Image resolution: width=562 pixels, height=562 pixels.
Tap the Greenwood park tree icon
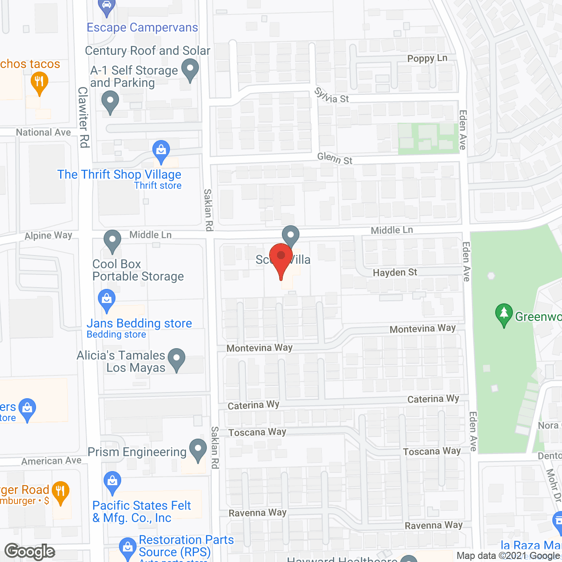(504, 314)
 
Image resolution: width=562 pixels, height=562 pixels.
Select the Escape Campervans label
(142, 28)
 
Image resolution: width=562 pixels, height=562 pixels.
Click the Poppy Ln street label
(427, 58)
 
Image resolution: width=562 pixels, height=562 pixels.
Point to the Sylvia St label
(331, 96)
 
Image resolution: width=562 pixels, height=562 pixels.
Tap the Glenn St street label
(335, 158)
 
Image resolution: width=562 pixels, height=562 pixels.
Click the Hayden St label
(395, 273)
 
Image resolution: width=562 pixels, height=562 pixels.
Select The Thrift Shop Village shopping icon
(161, 151)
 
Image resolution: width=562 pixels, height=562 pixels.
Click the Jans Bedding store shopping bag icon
(107, 300)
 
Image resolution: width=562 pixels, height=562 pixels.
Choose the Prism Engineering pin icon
(198, 450)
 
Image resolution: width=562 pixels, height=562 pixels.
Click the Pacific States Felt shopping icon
(113, 482)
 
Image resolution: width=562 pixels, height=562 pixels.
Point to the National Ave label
(43, 132)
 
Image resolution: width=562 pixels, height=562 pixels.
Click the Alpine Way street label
(48, 236)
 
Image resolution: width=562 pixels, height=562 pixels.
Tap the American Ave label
(51, 461)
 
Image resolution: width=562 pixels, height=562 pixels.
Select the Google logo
(30, 551)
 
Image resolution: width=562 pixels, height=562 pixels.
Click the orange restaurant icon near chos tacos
(40, 83)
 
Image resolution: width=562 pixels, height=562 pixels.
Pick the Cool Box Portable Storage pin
(112, 241)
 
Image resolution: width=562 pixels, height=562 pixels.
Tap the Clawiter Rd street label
(83, 117)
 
